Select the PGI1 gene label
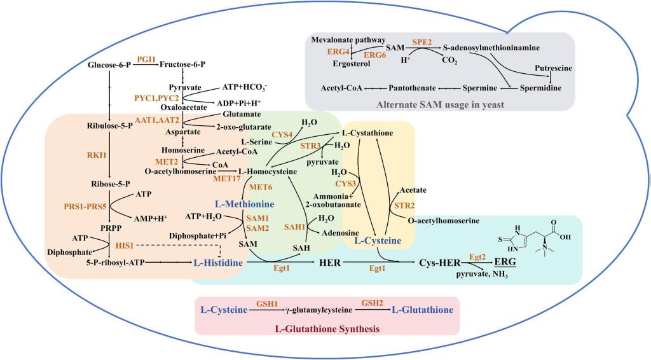(146, 58)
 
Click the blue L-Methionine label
(243, 204)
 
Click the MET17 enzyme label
(228, 179)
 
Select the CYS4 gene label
(282, 134)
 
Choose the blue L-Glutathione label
(422, 310)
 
